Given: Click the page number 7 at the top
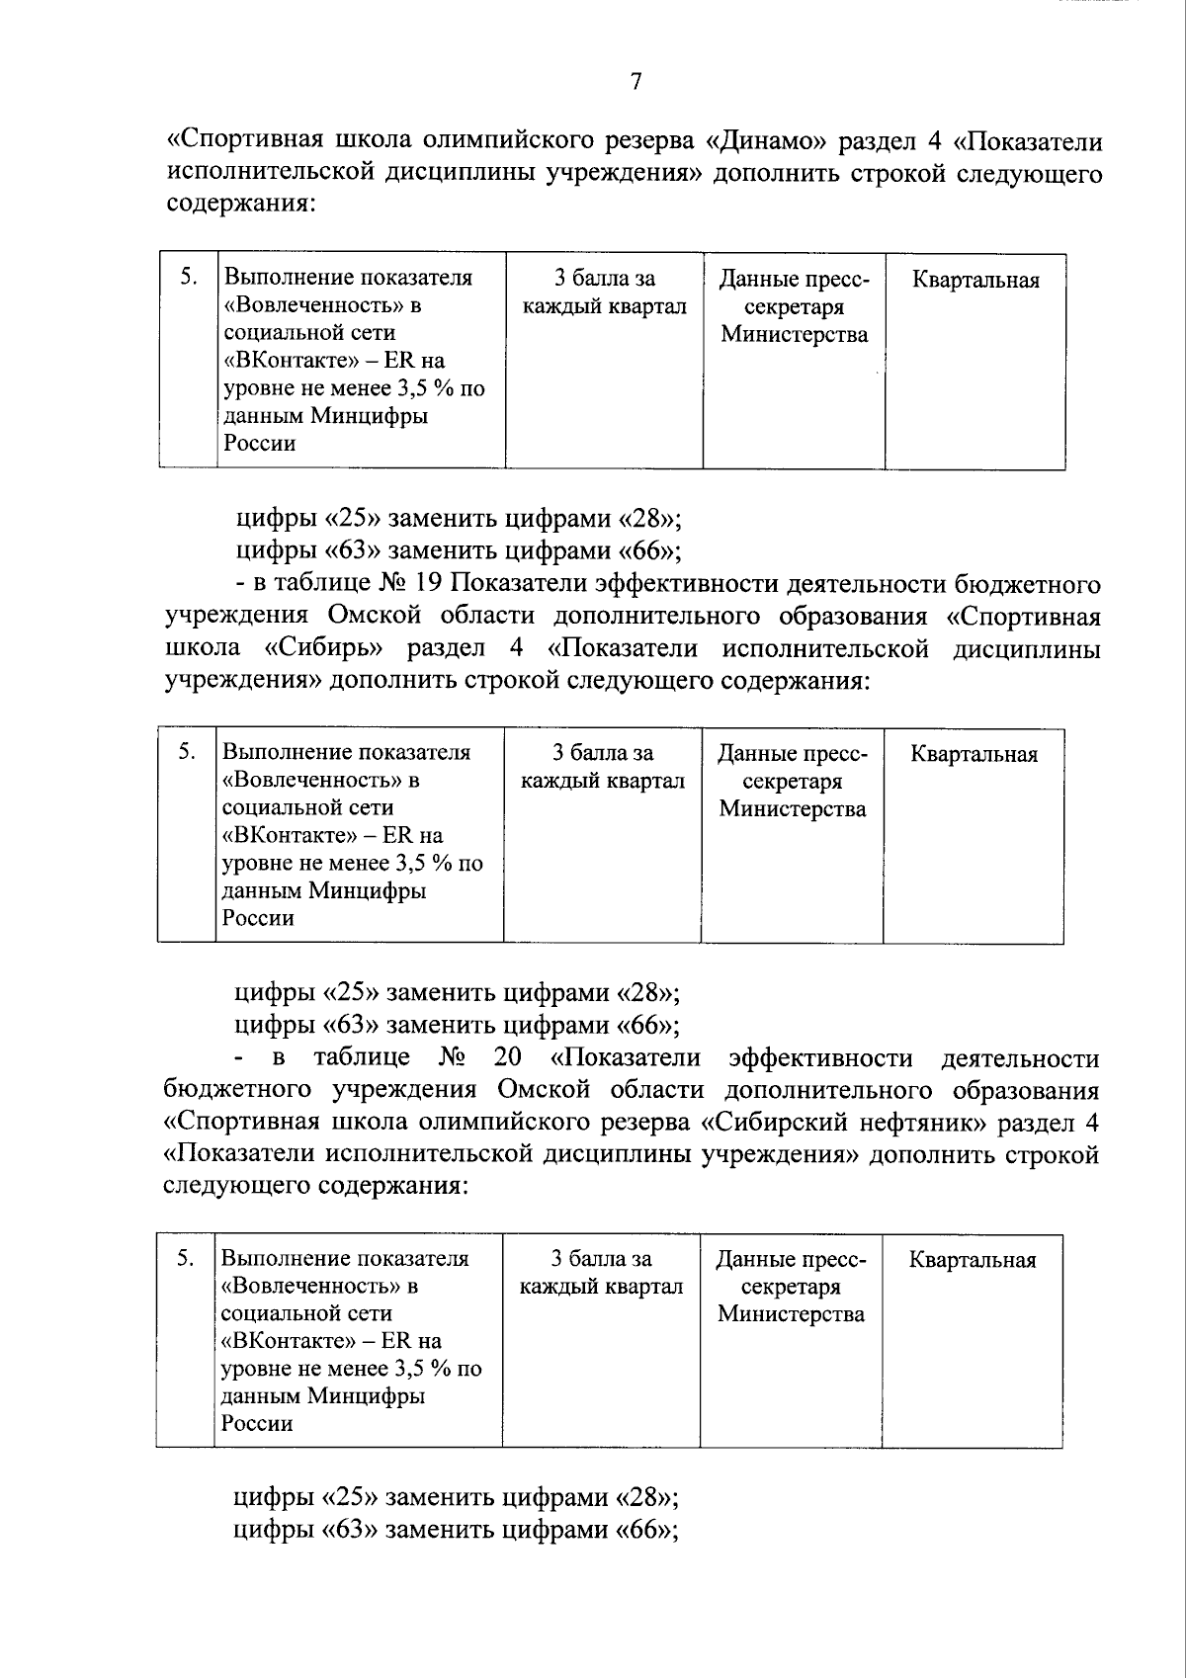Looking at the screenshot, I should pos(635,82).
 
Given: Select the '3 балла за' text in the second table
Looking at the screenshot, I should pos(603,754).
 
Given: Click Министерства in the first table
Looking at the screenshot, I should pos(794,335).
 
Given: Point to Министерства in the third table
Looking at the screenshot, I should pos(791,1314).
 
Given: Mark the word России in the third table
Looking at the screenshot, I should pos(257,1424).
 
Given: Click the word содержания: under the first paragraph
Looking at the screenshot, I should pos(240,206).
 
